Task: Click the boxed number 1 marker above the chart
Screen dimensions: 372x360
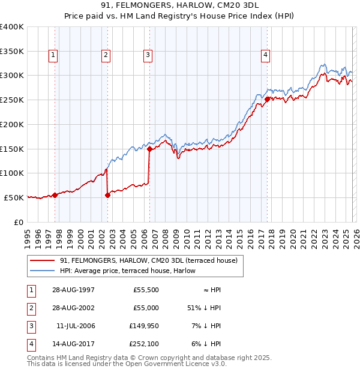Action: tap(53, 56)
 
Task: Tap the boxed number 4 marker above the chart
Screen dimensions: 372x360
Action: tap(265, 56)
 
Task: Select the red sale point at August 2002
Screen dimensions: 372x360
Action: tap(108, 194)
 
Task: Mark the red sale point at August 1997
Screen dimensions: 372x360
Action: tap(55, 194)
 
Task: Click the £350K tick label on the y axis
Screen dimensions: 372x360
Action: tap(11, 51)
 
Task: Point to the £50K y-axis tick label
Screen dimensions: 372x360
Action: tap(14, 197)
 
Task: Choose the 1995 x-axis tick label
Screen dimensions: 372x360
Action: tap(28, 236)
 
